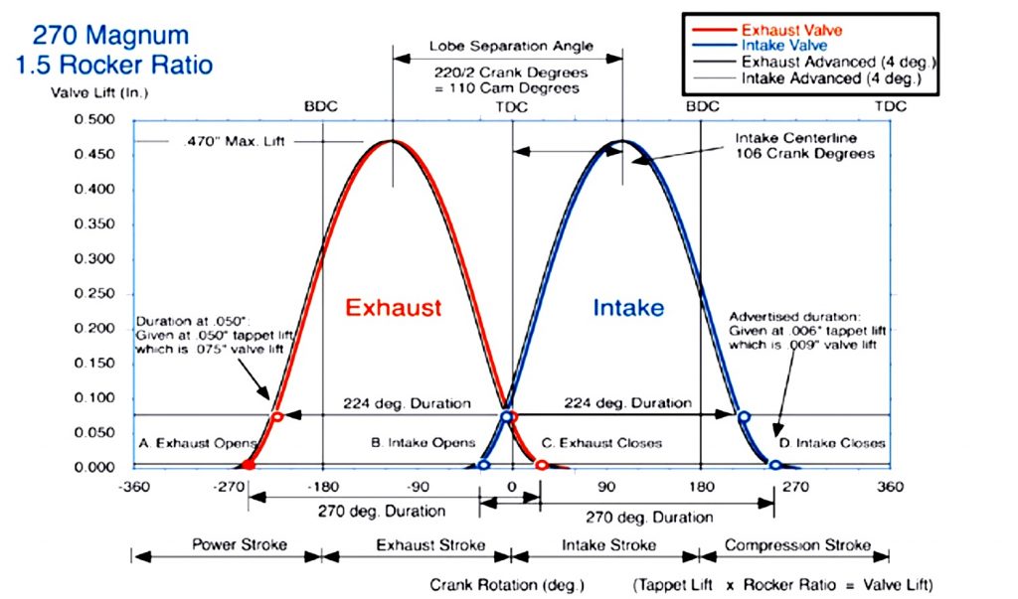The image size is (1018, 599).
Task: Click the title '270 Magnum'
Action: coord(110,37)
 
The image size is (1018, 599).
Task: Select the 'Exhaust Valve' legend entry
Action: coord(791,31)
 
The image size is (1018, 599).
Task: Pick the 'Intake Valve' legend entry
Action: coord(785,46)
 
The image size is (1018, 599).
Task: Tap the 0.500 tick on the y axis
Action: coord(95,120)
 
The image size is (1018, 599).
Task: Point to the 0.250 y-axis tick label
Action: coord(95,294)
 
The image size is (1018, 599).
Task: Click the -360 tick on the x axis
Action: coord(132,487)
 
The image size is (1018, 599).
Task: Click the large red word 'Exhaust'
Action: coord(393,307)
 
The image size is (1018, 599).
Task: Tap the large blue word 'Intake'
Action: coord(628,307)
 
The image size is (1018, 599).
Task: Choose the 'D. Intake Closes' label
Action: coord(831,443)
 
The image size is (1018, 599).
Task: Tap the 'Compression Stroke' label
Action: coord(797,544)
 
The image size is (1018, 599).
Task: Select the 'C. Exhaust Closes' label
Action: coord(601,442)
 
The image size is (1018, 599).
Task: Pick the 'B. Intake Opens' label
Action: coord(424,442)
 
